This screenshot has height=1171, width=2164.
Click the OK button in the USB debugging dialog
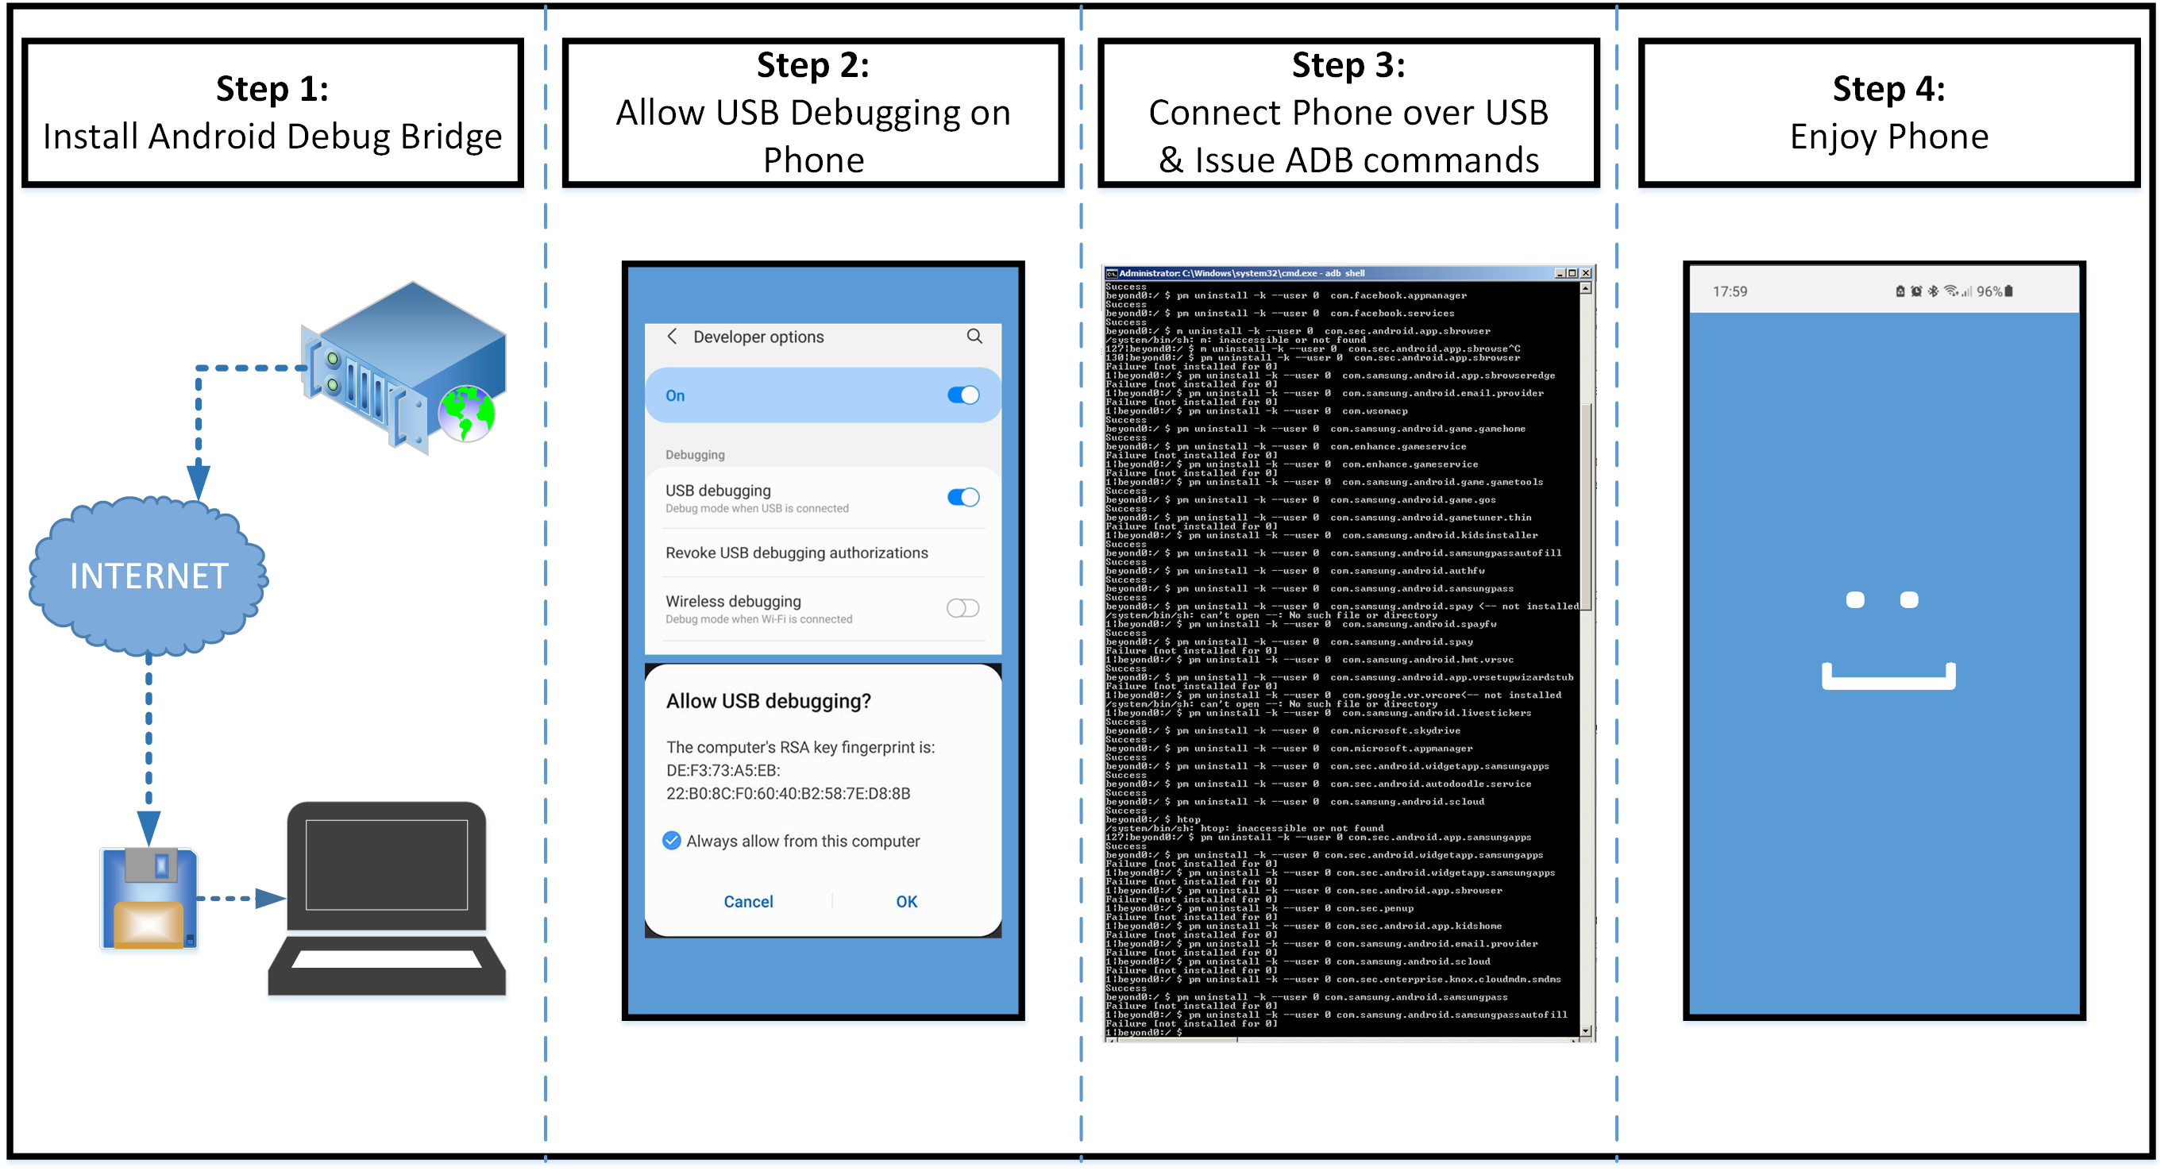coord(905,901)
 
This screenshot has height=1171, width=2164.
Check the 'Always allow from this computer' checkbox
coord(671,840)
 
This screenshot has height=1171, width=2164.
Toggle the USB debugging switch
coord(962,497)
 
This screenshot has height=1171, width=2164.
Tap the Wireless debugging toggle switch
coord(962,608)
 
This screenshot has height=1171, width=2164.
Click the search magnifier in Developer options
coord(974,336)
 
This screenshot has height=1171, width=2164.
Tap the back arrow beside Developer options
coord(672,336)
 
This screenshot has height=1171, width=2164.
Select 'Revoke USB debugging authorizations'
coord(797,553)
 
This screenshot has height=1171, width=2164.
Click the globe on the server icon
coord(466,413)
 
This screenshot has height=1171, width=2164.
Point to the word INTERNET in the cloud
coord(149,576)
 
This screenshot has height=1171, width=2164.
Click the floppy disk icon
coord(149,898)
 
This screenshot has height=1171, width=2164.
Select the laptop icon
coord(387,899)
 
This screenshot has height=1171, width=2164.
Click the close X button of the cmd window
coord(1586,273)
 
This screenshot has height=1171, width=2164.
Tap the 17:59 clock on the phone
coord(1730,291)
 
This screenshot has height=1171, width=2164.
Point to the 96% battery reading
coord(1988,291)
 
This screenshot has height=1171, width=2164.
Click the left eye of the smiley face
coord(1855,599)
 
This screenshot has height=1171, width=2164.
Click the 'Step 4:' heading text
coord(1888,89)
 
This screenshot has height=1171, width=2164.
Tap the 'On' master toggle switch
coord(962,395)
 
